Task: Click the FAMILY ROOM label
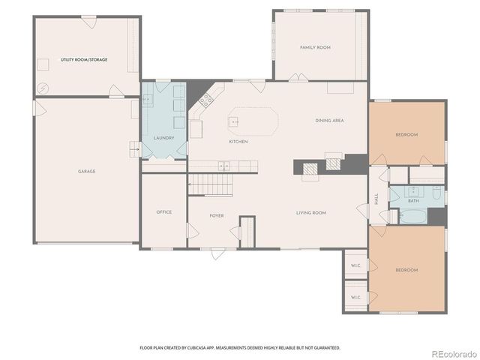click(x=315, y=47)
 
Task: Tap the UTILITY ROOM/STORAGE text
click(x=83, y=59)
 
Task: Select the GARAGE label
click(x=86, y=171)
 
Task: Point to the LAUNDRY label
click(x=163, y=138)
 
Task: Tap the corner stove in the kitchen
click(x=205, y=100)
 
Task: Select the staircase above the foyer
click(x=210, y=182)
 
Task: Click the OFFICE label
click(x=163, y=212)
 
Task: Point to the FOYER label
click(x=217, y=216)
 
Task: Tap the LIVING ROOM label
click(x=310, y=213)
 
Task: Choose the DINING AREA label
click(x=329, y=121)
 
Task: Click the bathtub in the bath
click(x=412, y=217)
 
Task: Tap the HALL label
click(x=376, y=199)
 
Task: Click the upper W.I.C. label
click(x=355, y=265)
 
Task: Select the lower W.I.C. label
click(x=355, y=298)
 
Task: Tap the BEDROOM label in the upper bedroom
click(x=406, y=135)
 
